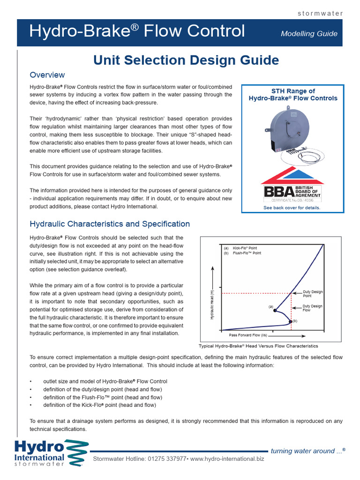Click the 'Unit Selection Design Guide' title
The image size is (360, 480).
click(186, 60)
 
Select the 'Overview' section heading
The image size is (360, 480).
click(47, 75)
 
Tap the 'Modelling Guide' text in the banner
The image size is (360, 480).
click(308, 33)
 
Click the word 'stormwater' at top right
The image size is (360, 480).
click(321, 13)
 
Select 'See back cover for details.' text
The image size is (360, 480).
click(292, 208)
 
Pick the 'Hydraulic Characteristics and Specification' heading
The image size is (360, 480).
click(110, 224)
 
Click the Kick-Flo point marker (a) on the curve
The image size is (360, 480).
click(275, 311)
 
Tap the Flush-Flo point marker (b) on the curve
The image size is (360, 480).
click(291, 322)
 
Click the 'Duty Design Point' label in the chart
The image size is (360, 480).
click(313, 294)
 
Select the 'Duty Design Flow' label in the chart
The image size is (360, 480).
click(313, 308)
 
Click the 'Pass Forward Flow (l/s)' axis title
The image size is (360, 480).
click(248, 336)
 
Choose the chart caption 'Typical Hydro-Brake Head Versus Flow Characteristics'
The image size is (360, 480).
click(259, 346)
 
